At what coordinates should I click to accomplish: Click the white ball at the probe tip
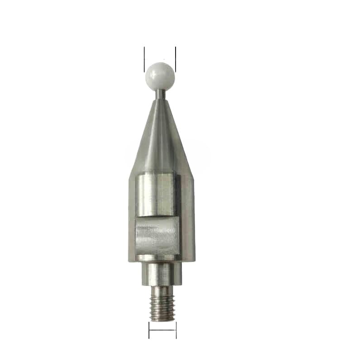tap(160, 76)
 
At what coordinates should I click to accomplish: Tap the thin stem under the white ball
tap(160, 95)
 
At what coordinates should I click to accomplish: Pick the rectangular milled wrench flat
tap(156, 235)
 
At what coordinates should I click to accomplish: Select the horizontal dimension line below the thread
tap(162, 330)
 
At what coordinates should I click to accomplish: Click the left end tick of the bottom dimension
tap(149, 330)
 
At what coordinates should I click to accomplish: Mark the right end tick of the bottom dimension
tap(176, 330)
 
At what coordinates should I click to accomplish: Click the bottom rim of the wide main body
tap(162, 260)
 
